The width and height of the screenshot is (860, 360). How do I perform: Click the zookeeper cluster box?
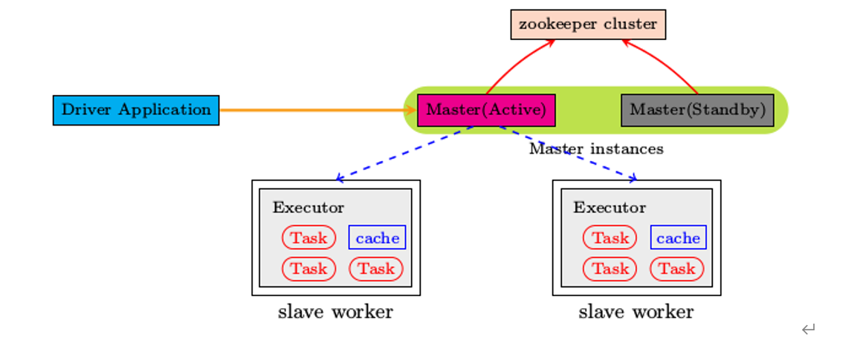(588, 24)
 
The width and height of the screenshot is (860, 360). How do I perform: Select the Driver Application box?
(136, 110)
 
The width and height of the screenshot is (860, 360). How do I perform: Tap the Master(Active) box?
(486, 110)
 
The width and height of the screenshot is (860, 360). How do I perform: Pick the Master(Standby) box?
(697, 110)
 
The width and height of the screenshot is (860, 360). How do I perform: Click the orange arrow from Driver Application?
(312, 110)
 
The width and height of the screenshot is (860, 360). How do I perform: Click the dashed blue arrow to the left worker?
(405, 153)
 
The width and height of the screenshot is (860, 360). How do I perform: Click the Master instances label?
(596, 149)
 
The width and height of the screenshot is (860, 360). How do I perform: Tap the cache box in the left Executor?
(377, 238)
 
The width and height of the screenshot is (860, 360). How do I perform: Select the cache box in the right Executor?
(678, 238)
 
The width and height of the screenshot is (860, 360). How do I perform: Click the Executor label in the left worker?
(308, 208)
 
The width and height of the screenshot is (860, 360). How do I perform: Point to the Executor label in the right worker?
(610, 208)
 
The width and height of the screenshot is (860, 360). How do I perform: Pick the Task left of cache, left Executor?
(308, 238)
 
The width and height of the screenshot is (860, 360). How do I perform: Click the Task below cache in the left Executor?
(376, 269)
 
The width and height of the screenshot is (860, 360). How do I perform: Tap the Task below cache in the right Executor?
(677, 269)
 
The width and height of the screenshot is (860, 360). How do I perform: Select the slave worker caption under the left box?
(335, 312)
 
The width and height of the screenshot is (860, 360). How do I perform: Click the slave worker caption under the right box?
(636, 312)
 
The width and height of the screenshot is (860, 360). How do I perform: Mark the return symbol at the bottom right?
(809, 330)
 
